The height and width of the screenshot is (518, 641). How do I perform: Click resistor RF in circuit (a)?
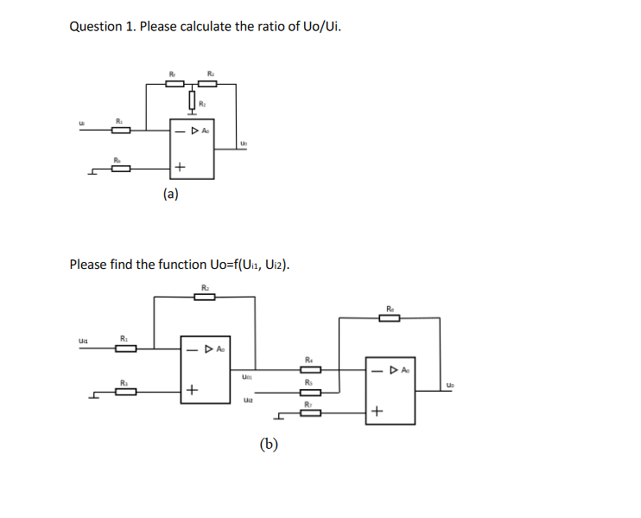(175, 83)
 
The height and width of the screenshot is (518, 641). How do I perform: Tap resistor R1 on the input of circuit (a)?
(121, 131)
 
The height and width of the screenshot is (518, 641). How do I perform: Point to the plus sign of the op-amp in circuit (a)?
(180, 167)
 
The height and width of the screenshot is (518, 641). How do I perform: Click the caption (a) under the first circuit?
(171, 194)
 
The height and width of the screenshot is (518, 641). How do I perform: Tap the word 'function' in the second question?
(179, 264)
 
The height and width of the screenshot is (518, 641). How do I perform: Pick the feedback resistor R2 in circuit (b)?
(205, 297)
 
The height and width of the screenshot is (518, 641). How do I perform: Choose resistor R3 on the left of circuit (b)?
(125, 392)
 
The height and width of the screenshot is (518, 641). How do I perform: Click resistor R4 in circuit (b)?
(309, 370)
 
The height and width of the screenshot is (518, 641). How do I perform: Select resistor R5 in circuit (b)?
(309, 392)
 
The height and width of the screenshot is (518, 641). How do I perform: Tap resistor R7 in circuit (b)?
(309, 413)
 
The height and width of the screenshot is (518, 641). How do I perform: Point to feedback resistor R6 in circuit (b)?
(390, 317)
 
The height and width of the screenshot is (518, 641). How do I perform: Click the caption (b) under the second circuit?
(270, 444)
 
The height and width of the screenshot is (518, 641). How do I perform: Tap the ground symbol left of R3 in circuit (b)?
(93, 395)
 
